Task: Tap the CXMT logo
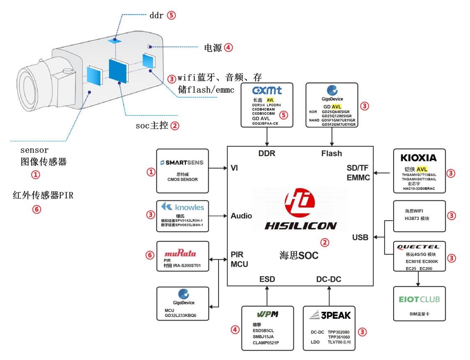[x=267, y=90]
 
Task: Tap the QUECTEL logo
[x=419, y=247]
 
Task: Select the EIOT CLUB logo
[x=419, y=299]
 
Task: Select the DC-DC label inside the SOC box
[x=329, y=279]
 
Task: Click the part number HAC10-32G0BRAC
[x=419, y=189]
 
